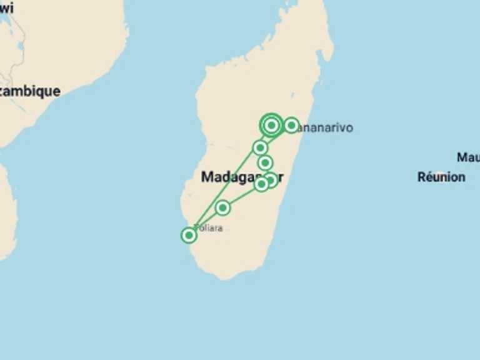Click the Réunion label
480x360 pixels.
[441, 177]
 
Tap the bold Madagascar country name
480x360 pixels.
[238, 177]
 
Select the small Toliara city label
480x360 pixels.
[209, 228]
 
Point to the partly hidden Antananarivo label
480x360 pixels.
[326, 127]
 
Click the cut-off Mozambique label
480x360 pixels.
[30, 91]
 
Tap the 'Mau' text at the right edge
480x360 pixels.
[468, 157]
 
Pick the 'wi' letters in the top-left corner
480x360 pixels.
[6, 9]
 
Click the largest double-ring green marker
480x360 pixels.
[271, 126]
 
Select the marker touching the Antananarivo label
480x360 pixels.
[291, 126]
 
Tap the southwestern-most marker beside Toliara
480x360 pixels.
[189, 235]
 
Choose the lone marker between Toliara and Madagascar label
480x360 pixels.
[222, 207]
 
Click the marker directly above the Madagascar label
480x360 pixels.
[266, 163]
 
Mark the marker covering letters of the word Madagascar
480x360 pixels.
[271, 180]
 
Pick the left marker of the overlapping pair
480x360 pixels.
[261, 184]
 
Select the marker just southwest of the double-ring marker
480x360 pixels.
[260, 148]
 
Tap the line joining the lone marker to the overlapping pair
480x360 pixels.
[242, 196]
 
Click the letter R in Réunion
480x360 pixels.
[421, 177]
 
